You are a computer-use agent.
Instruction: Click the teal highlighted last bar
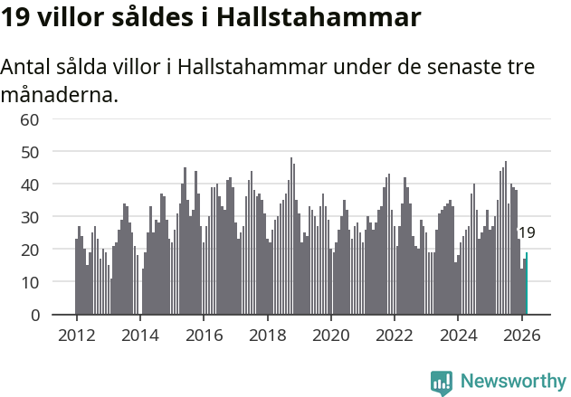click(x=527, y=284)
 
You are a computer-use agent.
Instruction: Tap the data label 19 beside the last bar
click(x=526, y=233)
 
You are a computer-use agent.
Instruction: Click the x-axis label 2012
click(x=76, y=334)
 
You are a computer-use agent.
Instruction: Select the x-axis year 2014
click(x=139, y=334)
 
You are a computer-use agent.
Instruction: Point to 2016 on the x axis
click(x=204, y=334)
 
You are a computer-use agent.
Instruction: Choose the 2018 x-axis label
click(x=267, y=334)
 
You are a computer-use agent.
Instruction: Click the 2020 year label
click(x=331, y=334)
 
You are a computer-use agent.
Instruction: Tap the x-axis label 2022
click(x=395, y=334)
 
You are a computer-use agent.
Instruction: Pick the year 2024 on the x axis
click(x=459, y=334)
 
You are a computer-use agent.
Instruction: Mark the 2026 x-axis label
click(x=522, y=334)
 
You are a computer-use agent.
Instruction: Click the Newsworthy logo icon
click(x=442, y=383)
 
